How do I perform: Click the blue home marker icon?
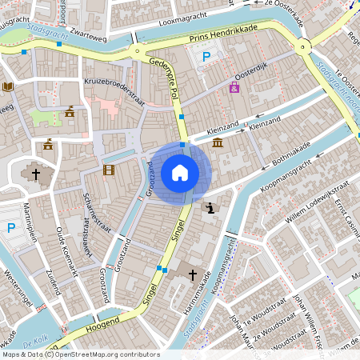pyautogui.click(x=180, y=172)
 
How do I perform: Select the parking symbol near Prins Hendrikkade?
pyautogui.click(x=206, y=57)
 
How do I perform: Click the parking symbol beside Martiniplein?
pyautogui.click(x=11, y=228)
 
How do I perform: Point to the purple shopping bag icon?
pyautogui.click(x=234, y=87)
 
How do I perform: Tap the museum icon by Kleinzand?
pyautogui.click(x=218, y=142)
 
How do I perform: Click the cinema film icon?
pyautogui.click(x=109, y=170)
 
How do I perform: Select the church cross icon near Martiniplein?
pyautogui.click(x=35, y=173)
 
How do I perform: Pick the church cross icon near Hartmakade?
pyautogui.click(x=192, y=274)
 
